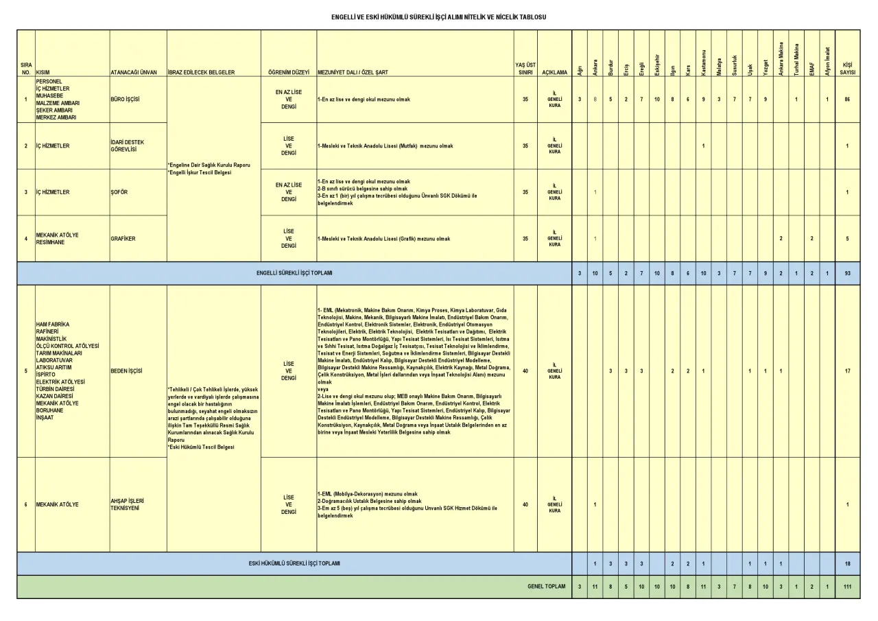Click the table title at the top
(x=438, y=15)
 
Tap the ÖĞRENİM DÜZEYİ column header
(x=289, y=71)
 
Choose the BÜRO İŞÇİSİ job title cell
(x=125, y=99)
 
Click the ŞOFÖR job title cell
(x=119, y=192)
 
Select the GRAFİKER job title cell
(x=123, y=239)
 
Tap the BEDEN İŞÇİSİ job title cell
(x=126, y=371)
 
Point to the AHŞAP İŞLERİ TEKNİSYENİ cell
(x=125, y=504)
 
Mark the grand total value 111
(x=848, y=587)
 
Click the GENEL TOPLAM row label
(x=547, y=587)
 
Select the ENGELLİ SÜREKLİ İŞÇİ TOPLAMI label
(x=294, y=273)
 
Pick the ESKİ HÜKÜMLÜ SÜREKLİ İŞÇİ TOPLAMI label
(x=294, y=563)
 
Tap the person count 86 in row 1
(x=848, y=99)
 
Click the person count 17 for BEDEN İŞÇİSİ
(x=848, y=371)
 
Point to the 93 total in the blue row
(x=848, y=273)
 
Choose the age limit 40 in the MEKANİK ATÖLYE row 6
(x=525, y=504)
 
